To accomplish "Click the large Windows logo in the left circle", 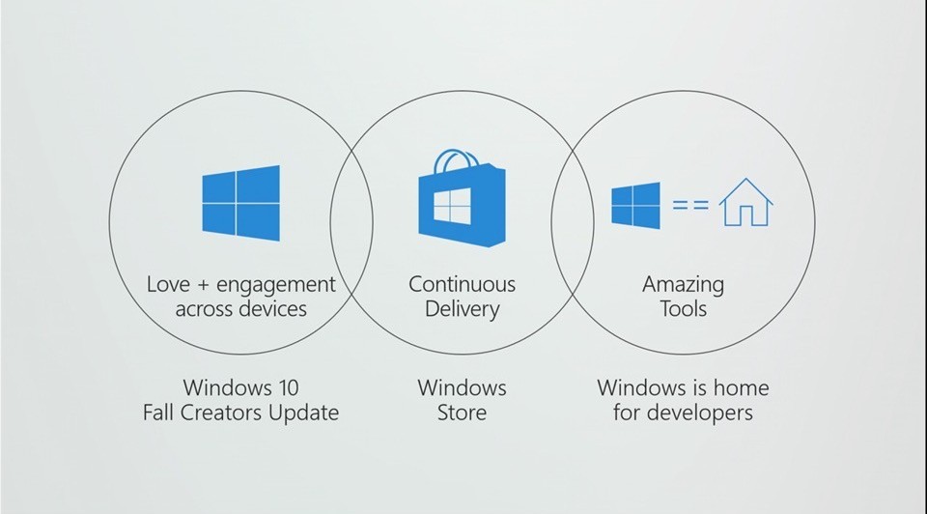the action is tap(240, 203).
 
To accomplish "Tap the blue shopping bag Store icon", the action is tap(462, 198).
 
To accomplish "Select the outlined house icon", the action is tap(746, 202).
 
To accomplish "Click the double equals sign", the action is tap(690, 205).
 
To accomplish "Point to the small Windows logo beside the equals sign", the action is tap(635, 205).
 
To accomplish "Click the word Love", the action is tap(168, 284).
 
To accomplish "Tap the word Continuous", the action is tap(462, 284).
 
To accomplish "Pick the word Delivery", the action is tap(462, 310).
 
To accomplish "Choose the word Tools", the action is tap(683, 309).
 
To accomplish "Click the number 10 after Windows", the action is tap(288, 388).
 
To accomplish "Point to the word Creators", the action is tap(222, 413).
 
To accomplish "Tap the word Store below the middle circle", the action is tap(462, 413).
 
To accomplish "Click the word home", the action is tap(741, 388).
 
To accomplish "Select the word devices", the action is tap(273, 309).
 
